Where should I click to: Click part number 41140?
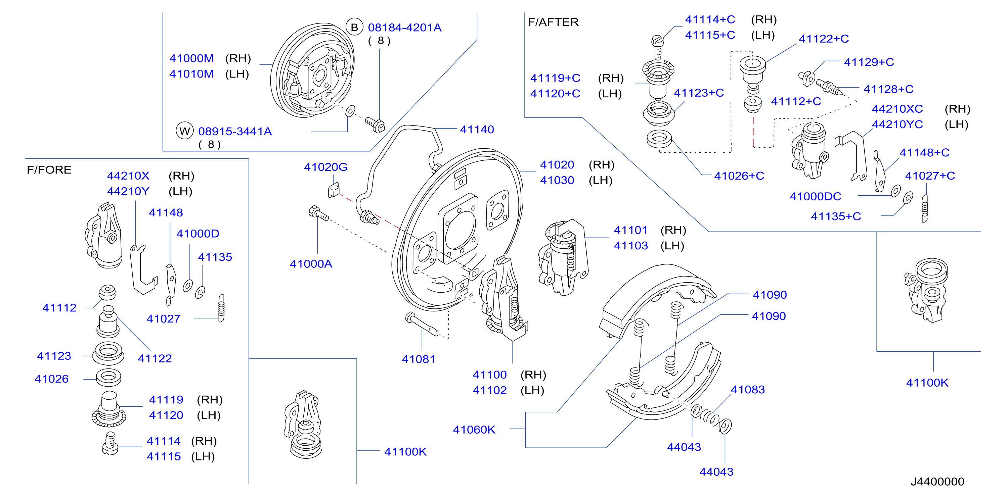477,129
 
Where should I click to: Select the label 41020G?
326,167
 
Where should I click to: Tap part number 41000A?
311,264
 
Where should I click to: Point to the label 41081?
419,359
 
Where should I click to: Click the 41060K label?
474,430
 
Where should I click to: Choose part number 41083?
748,390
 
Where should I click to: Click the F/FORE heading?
49,170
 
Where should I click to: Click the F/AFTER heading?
553,22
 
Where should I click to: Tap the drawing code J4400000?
937,482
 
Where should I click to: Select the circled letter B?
354,27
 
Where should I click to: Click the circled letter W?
185,131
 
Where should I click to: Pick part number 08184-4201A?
405,28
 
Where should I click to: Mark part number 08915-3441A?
235,132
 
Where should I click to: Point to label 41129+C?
869,62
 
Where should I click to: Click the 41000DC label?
816,196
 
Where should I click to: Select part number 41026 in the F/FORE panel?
51,379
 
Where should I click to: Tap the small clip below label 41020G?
334,190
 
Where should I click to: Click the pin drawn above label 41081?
422,324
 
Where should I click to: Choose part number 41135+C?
836,216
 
